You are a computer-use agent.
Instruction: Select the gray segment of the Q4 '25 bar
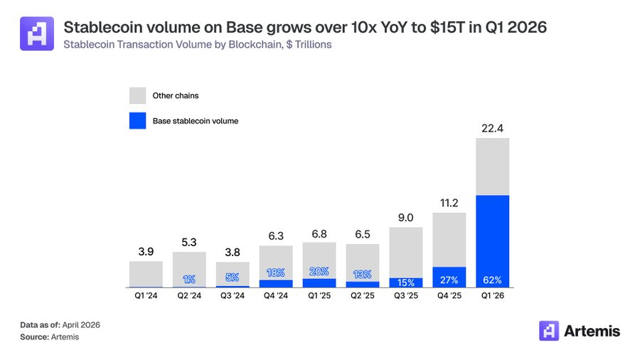pyautogui.click(x=449, y=239)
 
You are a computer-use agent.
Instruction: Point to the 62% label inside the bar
pyautogui.click(x=492, y=280)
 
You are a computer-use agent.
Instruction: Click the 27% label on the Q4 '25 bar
pyautogui.click(x=449, y=279)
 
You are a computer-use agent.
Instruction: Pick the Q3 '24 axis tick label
pyautogui.click(x=233, y=295)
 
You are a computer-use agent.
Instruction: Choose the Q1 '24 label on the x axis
pyautogui.click(x=146, y=295)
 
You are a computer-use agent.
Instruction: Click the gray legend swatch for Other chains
pyautogui.click(x=137, y=95)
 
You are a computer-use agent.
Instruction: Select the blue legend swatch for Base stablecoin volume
pyautogui.click(x=137, y=121)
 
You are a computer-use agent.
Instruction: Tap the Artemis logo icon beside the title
pyautogui.click(x=36, y=34)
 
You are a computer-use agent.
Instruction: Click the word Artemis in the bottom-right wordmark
pyautogui.click(x=592, y=331)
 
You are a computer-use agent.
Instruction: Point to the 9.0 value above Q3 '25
pyautogui.click(x=405, y=218)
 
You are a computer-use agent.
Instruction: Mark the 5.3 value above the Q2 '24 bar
pyautogui.click(x=189, y=241)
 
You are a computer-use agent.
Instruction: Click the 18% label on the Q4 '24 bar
pyautogui.click(x=276, y=272)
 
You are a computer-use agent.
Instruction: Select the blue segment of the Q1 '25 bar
pyautogui.click(x=319, y=282)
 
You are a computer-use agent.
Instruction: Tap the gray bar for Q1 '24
pyautogui.click(x=146, y=274)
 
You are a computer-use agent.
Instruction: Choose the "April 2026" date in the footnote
pyautogui.click(x=80, y=324)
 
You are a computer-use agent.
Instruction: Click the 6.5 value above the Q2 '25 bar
pyautogui.click(x=362, y=234)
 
